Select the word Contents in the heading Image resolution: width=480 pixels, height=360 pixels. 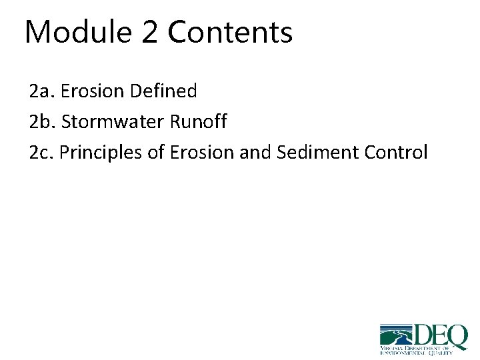point(231,32)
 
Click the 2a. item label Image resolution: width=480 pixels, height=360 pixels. point(42,91)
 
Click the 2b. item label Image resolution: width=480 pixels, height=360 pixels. point(43,122)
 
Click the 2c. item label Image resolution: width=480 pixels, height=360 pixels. point(42,153)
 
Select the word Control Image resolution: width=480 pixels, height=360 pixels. point(396,153)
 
